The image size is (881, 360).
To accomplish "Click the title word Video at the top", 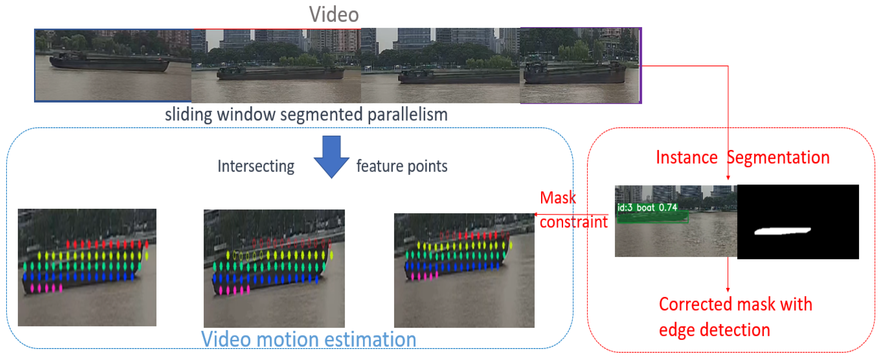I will (334, 15).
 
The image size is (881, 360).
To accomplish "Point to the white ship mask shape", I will (782, 231).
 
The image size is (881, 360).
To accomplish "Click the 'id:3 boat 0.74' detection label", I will (647, 208).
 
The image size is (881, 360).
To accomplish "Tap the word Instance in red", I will (686, 158).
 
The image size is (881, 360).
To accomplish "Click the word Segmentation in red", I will (778, 158).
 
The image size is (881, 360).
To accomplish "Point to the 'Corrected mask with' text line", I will (735, 304).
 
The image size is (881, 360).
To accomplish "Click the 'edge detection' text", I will (714, 330).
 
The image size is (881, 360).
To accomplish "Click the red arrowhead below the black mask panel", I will (728, 290).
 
